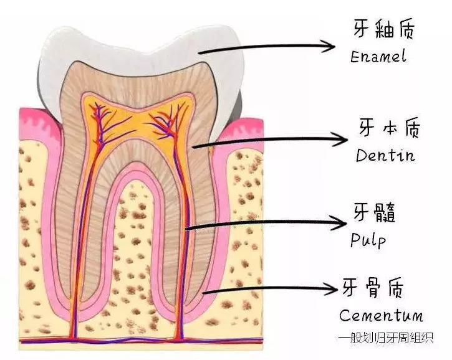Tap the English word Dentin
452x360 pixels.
pyautogui.click(x=385, y=155)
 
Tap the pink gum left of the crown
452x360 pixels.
pyautogui.click(x=34, y=125)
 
